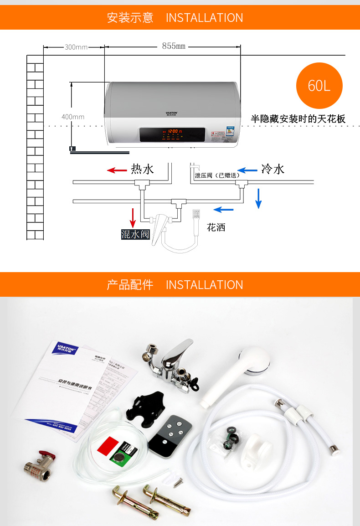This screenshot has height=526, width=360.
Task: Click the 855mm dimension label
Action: click(174, 46)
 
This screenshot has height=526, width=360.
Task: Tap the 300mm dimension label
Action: click(76, 47)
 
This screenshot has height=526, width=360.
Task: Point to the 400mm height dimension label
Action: click(73, 117)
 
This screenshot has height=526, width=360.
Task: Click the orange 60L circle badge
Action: click(319, 86)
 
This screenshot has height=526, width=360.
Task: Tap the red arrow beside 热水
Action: click(117, 170)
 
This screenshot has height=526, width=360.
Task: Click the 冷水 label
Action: click(273, 169)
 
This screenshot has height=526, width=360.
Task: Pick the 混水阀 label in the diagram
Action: click(135, 234)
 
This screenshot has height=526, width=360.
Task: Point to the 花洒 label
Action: click(216, 227)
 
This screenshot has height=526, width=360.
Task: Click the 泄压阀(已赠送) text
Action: click(217, 175)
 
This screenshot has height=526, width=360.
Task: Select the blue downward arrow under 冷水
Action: click(258, 198)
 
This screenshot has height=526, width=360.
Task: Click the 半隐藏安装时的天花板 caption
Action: click(298, 119)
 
